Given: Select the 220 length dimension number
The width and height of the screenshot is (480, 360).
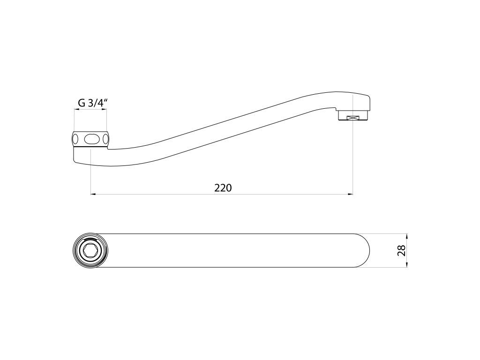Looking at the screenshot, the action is [x=223, y=187].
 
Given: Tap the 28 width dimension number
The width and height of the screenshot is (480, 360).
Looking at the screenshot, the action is [x=402, y=250].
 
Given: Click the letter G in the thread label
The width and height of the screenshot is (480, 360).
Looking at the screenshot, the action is [x=82, y=103].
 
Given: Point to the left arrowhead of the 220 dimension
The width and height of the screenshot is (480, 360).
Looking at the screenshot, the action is [x=93, y=194].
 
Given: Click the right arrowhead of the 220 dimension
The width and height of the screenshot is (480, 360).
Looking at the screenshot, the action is [x=350, y=194].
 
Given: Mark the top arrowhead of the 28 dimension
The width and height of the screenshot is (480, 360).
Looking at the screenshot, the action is [x=407, y=236].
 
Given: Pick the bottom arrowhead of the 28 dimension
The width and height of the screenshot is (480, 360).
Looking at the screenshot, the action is [x=407, y=265].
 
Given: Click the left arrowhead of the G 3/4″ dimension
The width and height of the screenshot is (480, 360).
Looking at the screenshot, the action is [x=76, y=109].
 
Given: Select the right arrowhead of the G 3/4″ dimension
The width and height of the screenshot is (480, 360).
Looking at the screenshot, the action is [x=105, y=109].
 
